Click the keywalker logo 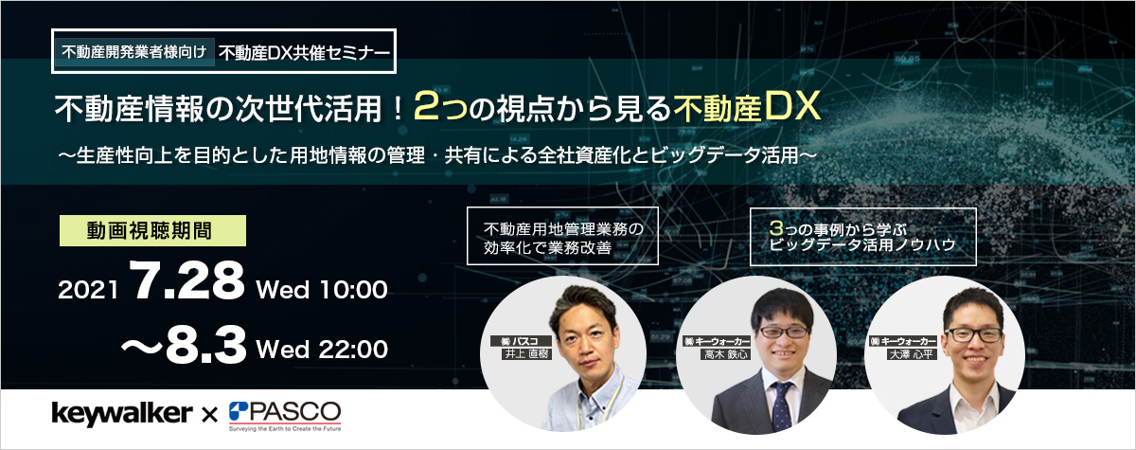click(x=122, y=414)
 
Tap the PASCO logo click(x=285, y=416)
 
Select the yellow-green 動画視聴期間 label click(x=152, y=231)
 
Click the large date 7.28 click(x=186, y=281)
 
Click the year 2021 click(x=88, y=290)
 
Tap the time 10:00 click(x=354, y=290)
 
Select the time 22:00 click(x=353, y=349)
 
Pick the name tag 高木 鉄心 click(x=726, y=354)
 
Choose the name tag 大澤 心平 click(x=912, y=354)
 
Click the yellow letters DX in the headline click(x=792, y=106)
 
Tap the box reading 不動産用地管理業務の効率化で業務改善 click(x=562, y=236)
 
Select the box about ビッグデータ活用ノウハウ click(x=863, y=237)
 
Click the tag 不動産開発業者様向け click(x=134, y=52)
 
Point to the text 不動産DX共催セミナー click(x=305, y=53)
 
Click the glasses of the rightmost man click(x=974, y=334)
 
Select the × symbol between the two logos click(x=209, y=416)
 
